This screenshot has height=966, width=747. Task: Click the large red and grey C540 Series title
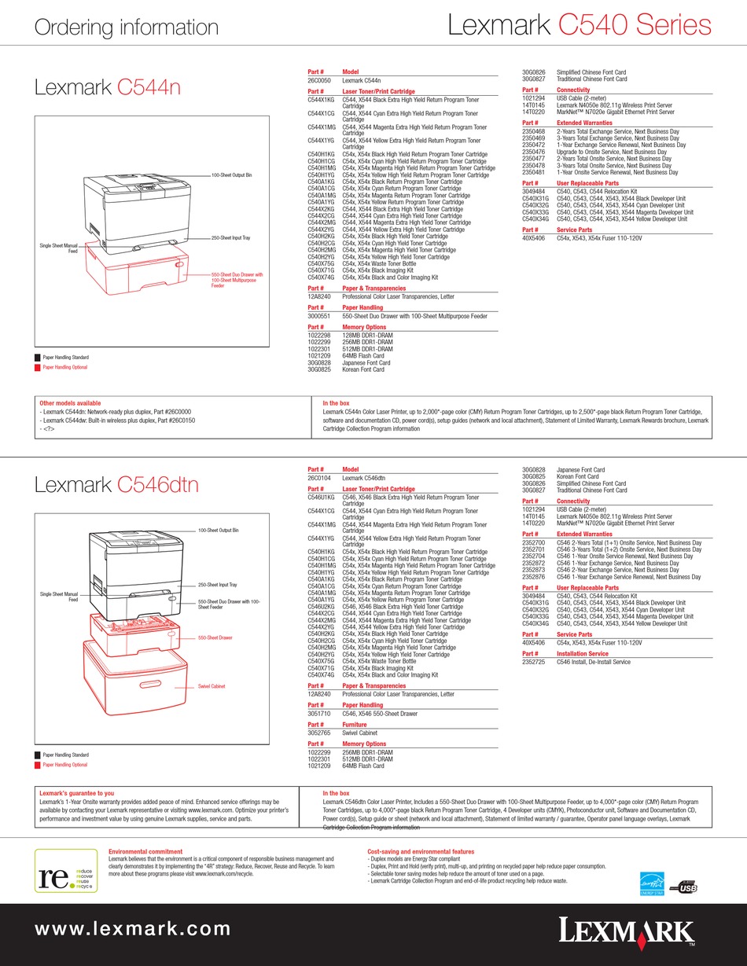(580, 25)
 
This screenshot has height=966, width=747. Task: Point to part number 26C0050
(319, 80)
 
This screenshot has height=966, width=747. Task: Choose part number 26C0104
(319, 477)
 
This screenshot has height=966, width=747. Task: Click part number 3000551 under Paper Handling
(318, 316)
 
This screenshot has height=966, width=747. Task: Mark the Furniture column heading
(355, 725)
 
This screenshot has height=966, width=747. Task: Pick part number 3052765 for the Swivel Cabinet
(318, 732)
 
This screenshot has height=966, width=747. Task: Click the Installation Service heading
(582, 654)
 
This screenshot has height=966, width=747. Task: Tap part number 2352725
(534, 661)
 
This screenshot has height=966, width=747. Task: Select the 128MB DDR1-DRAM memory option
(366, 335)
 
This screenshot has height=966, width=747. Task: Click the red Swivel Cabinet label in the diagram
(212, 686)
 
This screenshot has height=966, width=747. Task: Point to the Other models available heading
(70, 403)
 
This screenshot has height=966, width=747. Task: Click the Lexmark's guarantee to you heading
(76, 794)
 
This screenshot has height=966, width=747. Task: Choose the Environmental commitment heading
(145, 851)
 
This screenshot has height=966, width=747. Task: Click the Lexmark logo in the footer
(627, 932)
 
